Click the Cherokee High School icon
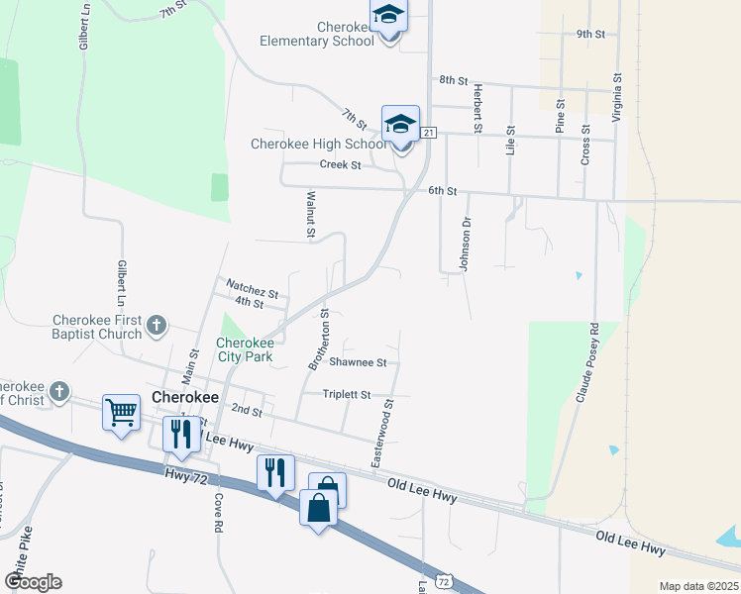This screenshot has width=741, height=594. point(400,125)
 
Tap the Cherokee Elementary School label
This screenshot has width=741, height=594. point(317,34)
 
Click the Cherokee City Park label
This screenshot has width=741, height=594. point(245,350)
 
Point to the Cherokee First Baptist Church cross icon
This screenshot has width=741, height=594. point(157,325)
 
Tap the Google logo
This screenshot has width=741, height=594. point(33,582)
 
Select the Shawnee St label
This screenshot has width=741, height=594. point(358,362)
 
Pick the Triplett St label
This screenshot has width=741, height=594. point(347,394)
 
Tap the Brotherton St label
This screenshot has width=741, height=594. point(318,340)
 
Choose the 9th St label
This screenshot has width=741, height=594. point(590,34)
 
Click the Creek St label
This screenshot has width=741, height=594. point(340,165)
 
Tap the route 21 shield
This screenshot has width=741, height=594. point(428,133)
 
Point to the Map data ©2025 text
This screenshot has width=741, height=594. point(698,586)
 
